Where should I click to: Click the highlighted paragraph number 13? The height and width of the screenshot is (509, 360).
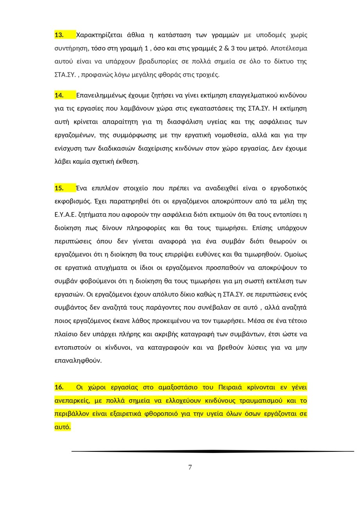click(x=59, y=35)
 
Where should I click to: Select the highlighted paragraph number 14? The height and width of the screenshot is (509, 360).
click(x=59, y=95)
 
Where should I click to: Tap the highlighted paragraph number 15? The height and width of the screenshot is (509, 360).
click(x=59, y=188)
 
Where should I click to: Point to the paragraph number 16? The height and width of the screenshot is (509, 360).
click(x=59, y=387)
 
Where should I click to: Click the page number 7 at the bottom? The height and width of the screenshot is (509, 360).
click(x=190, y=467)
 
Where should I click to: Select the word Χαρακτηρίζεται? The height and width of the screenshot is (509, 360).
click(x=99, y=35)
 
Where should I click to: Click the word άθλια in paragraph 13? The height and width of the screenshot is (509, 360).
click(x=137, y=35)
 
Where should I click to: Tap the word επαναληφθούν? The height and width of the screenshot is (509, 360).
click(x=77, y=361)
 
